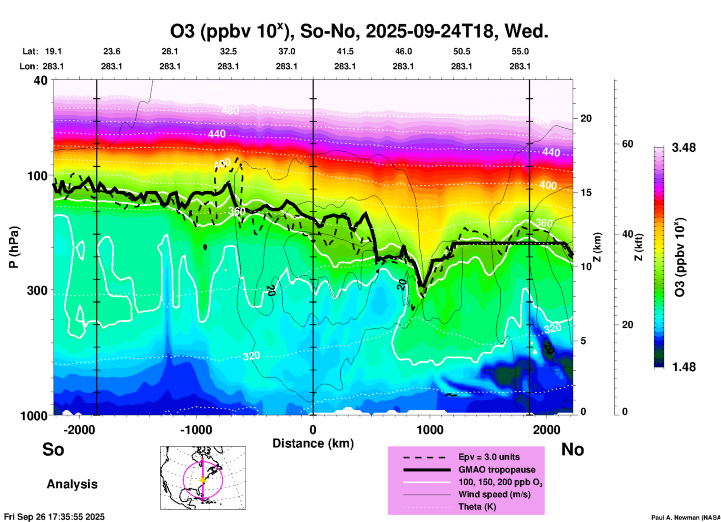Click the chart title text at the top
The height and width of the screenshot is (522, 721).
[x=359, y=31]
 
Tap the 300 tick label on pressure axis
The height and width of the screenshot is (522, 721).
[x=37, y=290]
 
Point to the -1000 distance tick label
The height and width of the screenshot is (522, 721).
[x=196, y=430]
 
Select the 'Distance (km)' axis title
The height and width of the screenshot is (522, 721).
[x=313, y=443]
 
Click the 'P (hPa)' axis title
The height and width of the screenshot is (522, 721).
[x=14, y=247]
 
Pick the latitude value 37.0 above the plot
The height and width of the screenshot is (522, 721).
[x=286, y=51]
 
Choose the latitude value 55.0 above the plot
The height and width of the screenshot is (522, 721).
[x=520, y=51]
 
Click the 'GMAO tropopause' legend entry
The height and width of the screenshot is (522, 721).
[x=497, y=470]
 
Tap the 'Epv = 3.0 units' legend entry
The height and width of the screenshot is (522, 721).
[x=489, y=457]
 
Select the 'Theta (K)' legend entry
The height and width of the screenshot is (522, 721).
[x=477, y=507]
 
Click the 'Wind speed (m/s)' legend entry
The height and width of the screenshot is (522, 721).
[x=495, y=494]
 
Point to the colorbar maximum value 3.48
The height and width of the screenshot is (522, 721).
[x=684, y=148]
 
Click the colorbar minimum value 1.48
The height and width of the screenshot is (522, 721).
[x=684, y=367]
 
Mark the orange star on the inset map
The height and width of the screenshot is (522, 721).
[x=203, y=480]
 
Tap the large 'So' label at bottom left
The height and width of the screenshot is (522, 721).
[x=53, y=449]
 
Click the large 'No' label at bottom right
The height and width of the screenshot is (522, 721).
[x=572, y=449]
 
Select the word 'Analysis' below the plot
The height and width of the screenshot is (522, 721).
[x=72, y=484]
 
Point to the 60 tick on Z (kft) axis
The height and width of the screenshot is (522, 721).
[x=627, y=144]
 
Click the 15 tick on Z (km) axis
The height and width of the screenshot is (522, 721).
[x=586, y=192]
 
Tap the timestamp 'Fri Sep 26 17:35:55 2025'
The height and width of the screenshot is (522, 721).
[x=54, y=517]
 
